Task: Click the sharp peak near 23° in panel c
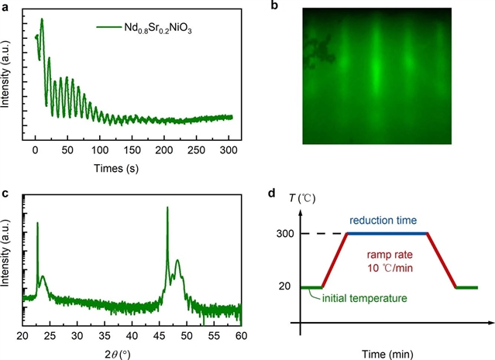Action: [x=37, y=224]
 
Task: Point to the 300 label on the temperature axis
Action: [x=284, y=233]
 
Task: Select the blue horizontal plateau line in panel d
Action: [x=387, y=233]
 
